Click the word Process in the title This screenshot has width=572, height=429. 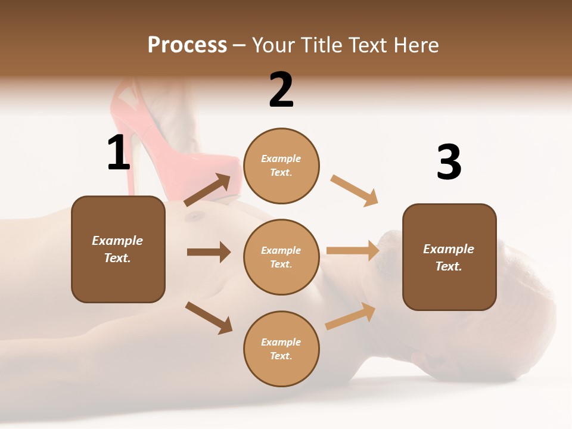(x=187, y=45)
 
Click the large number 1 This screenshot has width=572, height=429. (x=119, y=153)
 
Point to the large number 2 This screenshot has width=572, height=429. (x=281, y=90)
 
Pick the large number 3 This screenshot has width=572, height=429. (x=449, y=163)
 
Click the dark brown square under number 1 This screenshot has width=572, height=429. (x=118, y=249)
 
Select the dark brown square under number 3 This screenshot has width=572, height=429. (x=449, y=257)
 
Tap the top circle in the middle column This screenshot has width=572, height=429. (x=281, y=166)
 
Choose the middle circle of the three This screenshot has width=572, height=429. (x=281, y=257)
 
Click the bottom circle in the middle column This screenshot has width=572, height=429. (x=281, y=349)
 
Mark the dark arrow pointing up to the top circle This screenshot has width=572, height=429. (x=208, y=191)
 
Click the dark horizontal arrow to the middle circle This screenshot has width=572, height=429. (x=209, y=252)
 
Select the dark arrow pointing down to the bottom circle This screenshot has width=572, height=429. (x=209, y=318)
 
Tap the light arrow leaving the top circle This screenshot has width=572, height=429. (x=355, y=191)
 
